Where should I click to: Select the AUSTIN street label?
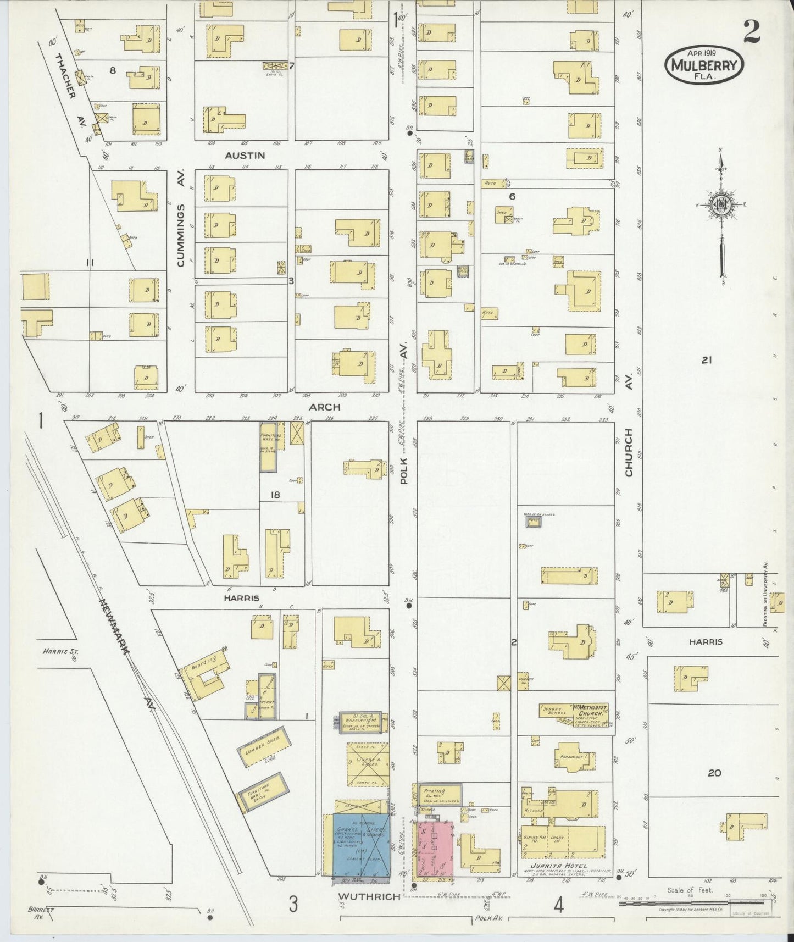pyautogui.click(x=245, y=156)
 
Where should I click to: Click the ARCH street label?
pyautogui.click(x=324, y=407)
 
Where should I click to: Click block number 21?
pyautogui.click(x=707, y=361)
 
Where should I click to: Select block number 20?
pyautogui.click(x=714, y=773)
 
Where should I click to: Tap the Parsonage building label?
pyautogui.click(x=574, y=756)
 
